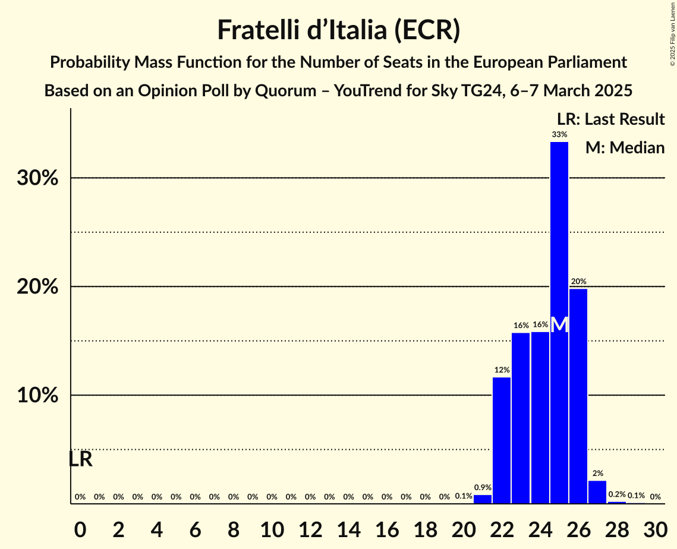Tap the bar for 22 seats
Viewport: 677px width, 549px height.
[501, 440]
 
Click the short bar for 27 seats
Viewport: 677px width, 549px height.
[597, 492]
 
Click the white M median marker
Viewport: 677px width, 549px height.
[559, 325]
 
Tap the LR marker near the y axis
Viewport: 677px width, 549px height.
[80, 459]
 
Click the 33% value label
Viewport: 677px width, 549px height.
[559, 135]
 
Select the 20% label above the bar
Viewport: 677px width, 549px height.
[578, 281]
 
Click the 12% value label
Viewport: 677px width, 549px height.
[501, 370]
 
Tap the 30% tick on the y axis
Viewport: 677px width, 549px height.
[37, 178]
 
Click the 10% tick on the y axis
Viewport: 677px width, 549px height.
[37, 396]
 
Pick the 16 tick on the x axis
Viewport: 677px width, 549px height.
[386, 526]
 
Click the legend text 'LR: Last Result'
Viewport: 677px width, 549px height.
[610, 119]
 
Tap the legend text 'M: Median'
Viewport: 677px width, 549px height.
[625, 148]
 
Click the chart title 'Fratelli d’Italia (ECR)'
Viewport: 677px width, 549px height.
[338, 30]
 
